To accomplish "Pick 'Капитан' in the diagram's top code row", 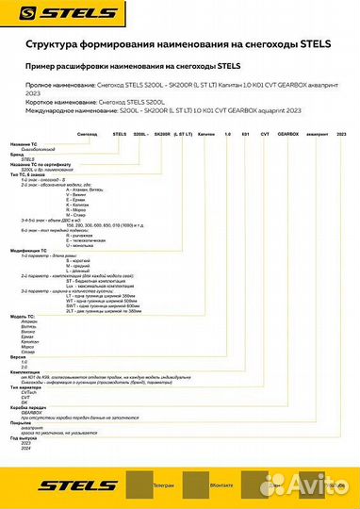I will point(198,136).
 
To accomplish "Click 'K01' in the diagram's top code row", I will point(242,136).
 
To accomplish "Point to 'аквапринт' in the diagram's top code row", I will point(318,136).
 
